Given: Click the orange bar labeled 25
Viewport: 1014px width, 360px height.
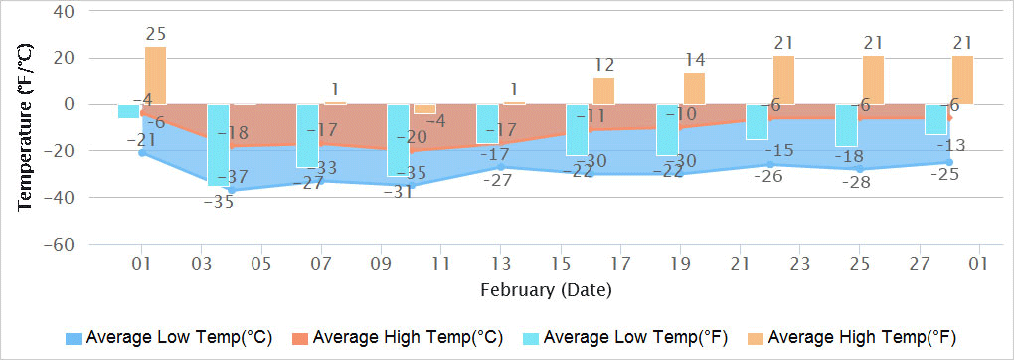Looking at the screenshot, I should (155, 76).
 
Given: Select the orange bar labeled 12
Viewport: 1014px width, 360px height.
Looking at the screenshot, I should (603, 90).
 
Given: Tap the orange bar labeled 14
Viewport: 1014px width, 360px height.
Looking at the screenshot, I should (694, 89).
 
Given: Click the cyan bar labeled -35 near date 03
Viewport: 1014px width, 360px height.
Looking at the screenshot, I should (218, 145).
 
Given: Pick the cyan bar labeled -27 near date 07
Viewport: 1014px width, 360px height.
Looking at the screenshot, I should (307, 136).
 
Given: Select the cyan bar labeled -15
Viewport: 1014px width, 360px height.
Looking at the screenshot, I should (757, 122).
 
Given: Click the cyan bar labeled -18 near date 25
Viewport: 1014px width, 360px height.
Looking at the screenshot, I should (846, 125).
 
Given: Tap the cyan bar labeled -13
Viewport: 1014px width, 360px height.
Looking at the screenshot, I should (935, 119).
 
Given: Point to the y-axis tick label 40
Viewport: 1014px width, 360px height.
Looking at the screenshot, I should (63, 12).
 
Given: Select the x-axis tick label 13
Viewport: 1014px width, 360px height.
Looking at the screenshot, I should (500, 265).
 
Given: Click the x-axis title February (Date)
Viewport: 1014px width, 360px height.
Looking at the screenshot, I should (546, 291).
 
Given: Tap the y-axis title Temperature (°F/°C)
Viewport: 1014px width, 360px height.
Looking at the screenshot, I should (26, 127).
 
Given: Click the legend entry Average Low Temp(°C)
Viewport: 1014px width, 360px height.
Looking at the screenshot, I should (169, 336).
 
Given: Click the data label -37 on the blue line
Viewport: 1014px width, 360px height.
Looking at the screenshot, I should (237, 177).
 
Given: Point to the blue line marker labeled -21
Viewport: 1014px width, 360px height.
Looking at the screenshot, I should (142, 152).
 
